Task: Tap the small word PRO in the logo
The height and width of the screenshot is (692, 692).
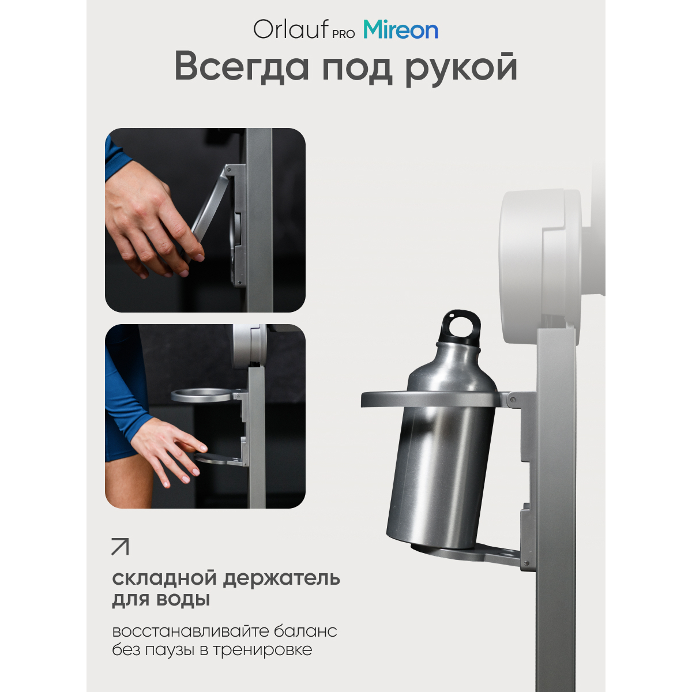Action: click(344, 34)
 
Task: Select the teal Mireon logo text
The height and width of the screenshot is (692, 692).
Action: click(401, 29)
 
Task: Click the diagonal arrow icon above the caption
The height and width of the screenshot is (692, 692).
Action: click(121, 547)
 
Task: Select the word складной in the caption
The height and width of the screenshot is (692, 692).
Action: click(163, 578)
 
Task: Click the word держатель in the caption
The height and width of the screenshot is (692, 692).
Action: click(281, 579)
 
